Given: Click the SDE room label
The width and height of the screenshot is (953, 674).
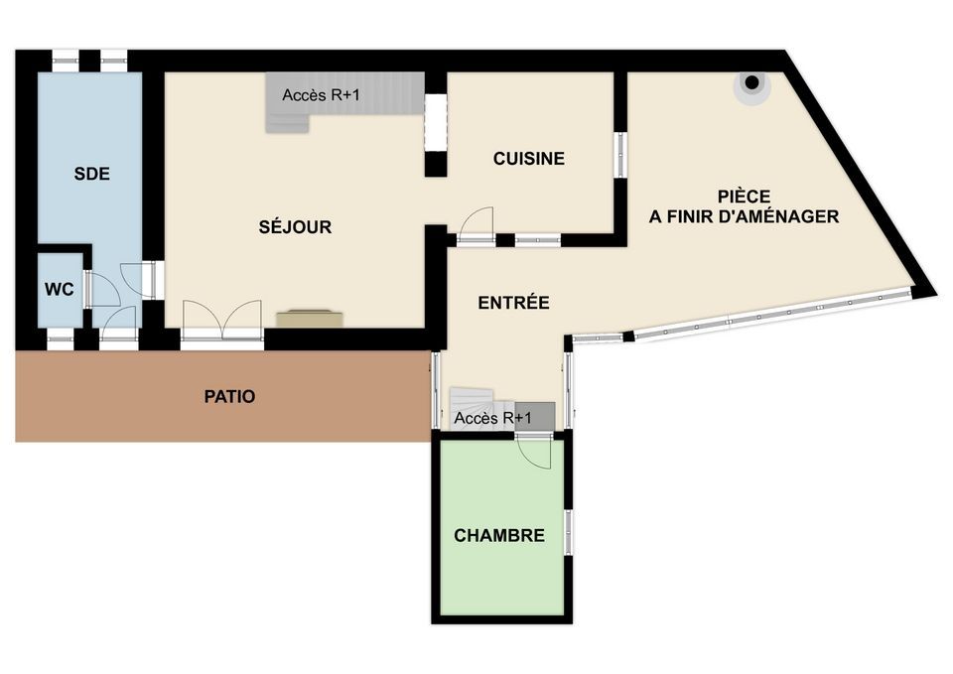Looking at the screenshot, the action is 91,174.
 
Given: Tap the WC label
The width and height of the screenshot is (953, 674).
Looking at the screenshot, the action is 60,289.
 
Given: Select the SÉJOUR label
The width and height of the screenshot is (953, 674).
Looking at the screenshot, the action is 296,227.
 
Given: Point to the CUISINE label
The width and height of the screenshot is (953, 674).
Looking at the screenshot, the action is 529,159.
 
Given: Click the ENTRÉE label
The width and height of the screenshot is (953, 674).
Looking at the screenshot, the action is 513,302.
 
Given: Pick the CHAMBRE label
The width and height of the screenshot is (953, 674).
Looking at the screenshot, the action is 499,535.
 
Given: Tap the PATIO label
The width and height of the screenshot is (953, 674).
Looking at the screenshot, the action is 229,397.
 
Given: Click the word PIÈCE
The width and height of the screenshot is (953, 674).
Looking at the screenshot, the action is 744,197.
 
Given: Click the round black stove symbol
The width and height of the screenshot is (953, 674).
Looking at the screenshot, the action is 751,82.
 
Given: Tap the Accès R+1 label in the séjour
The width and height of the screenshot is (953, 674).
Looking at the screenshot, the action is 321,95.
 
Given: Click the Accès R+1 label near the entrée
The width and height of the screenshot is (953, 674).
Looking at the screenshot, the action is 493,418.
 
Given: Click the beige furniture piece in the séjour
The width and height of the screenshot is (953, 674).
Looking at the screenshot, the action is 310,319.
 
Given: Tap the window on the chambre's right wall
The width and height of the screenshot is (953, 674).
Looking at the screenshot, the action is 569,532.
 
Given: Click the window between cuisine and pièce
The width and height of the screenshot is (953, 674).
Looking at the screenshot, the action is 619,155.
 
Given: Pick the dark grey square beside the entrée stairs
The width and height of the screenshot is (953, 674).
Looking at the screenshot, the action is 535,416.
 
